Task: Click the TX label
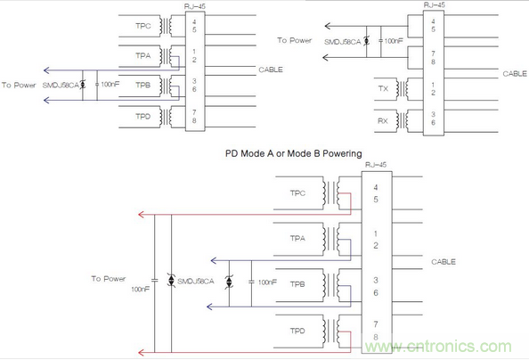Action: [383, 90]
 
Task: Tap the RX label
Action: [383, 119]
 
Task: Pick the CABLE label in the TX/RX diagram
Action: [515, 74]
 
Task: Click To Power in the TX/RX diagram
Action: [293, 40]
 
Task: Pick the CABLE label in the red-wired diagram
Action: [443, 262]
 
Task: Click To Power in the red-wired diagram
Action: [108, 279]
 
